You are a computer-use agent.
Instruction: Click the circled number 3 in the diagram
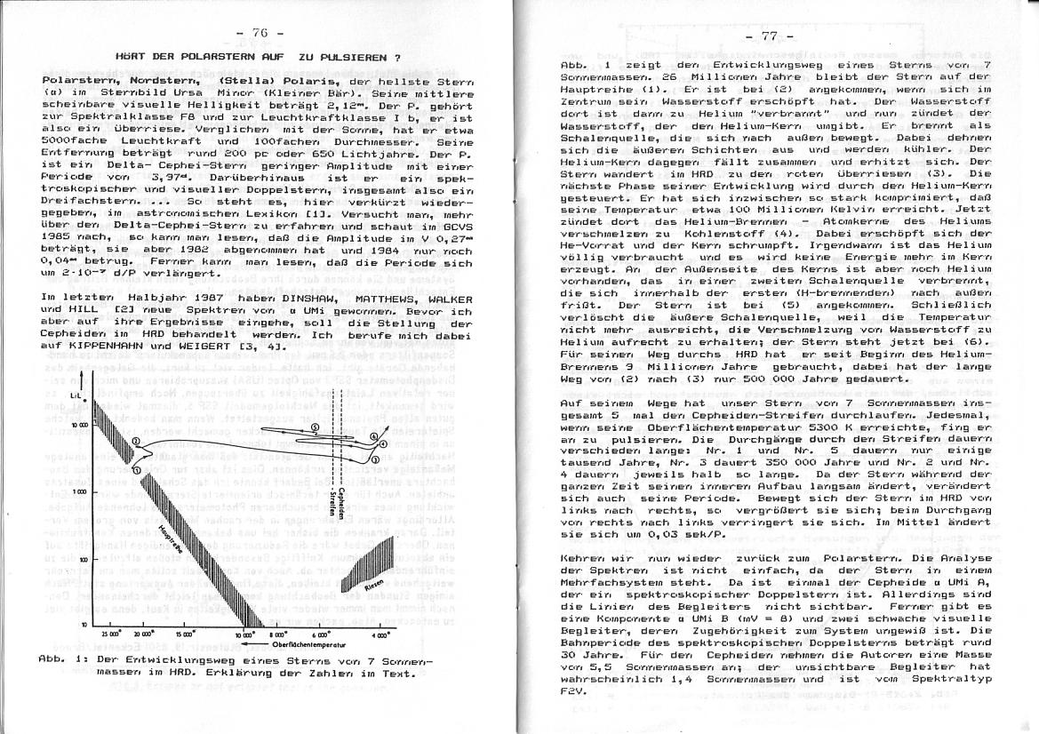(374, 459)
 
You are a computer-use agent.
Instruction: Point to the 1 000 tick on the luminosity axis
(77, 491)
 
